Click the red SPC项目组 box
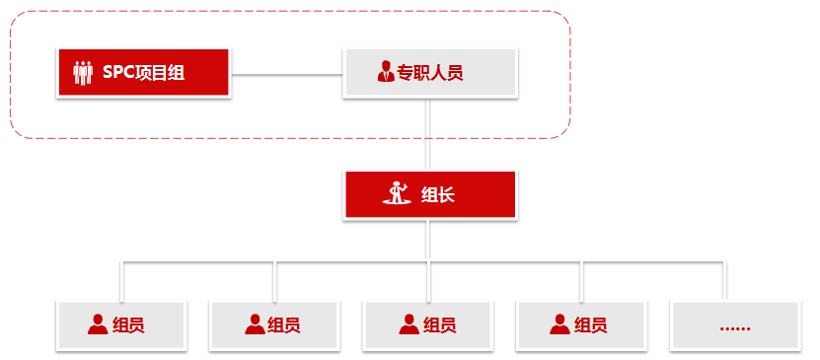pyautogui.click(x=143, y=72)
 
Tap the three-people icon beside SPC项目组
pyautogui.click(x=83, y=72)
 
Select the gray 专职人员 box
pyautogui.click(x=429, y=72)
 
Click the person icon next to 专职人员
pyautogui.click(x=385, y=71)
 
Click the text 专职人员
pyautogui.click(x=429, y=72)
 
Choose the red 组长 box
pyautogui.click(x=429, y=194)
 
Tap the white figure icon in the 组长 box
pyautogui.click(x=398, y=192)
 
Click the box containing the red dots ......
pyautogui.click(x=734, y=325)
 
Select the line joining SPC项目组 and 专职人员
pyautogui.click(x=286, y=72)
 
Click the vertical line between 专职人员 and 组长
pyautogui.click(x=429, y=133)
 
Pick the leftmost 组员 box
pyautogui.click(x=121, y=325)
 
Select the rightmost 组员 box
pyautogui.click(x=581, y=325)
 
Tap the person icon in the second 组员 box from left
pyautogui.click(x=254, y=324)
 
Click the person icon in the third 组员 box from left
pyautogui.click(x=409, y=324)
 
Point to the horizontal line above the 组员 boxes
pyautogui.click(x=345, y=262)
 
